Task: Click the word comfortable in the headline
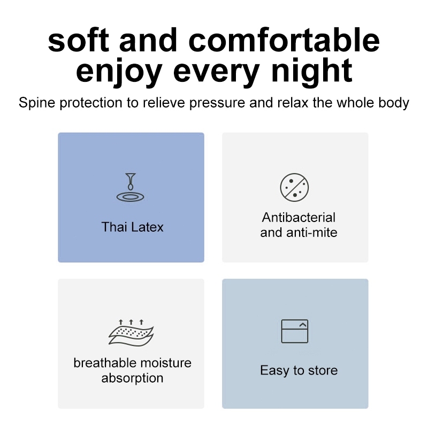coord(284,40)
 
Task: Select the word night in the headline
coord(312,71)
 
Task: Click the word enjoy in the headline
coord(119,72)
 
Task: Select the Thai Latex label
coord(132,227)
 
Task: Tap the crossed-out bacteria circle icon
coord(295,187)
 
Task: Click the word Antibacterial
coord(299,218)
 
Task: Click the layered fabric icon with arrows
coord(131,333)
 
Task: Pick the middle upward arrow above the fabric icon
coord(131,322)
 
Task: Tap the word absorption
coord(132,379)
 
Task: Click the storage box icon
coord(295,331)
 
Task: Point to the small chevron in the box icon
coord(303,325)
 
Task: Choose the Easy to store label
coord(299,371)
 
